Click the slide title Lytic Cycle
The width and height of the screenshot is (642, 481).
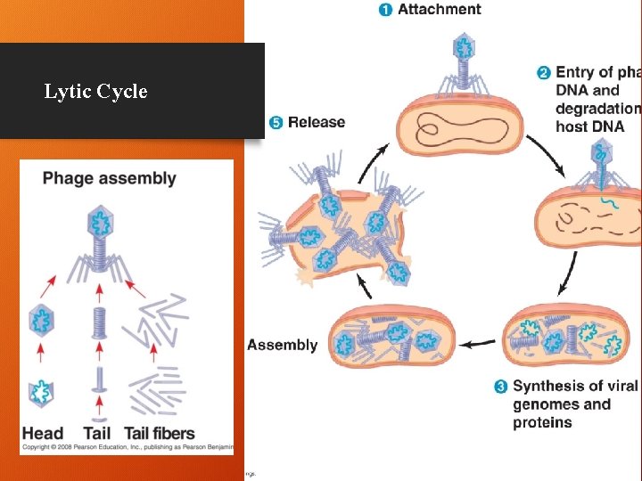click(95, 92)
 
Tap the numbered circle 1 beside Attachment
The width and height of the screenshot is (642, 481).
click(384, 10)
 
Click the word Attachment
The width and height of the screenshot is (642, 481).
click(439, 10)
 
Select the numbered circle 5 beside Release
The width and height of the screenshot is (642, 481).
click(276, 122)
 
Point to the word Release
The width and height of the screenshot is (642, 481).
click(316, 122)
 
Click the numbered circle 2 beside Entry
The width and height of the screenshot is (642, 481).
click(543, 72)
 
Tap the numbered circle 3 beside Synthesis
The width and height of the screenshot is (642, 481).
click(500, 387)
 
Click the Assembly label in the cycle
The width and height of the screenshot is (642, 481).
click(283, 345)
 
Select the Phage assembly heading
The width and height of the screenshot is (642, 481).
click(109, 178)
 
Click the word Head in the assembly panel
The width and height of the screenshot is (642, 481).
click(43, 434)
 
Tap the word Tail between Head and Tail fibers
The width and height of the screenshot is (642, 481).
click(97, 434)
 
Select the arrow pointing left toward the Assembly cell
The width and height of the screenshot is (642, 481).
click(482, 341)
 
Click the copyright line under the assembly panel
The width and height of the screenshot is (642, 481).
click(125, 447)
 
